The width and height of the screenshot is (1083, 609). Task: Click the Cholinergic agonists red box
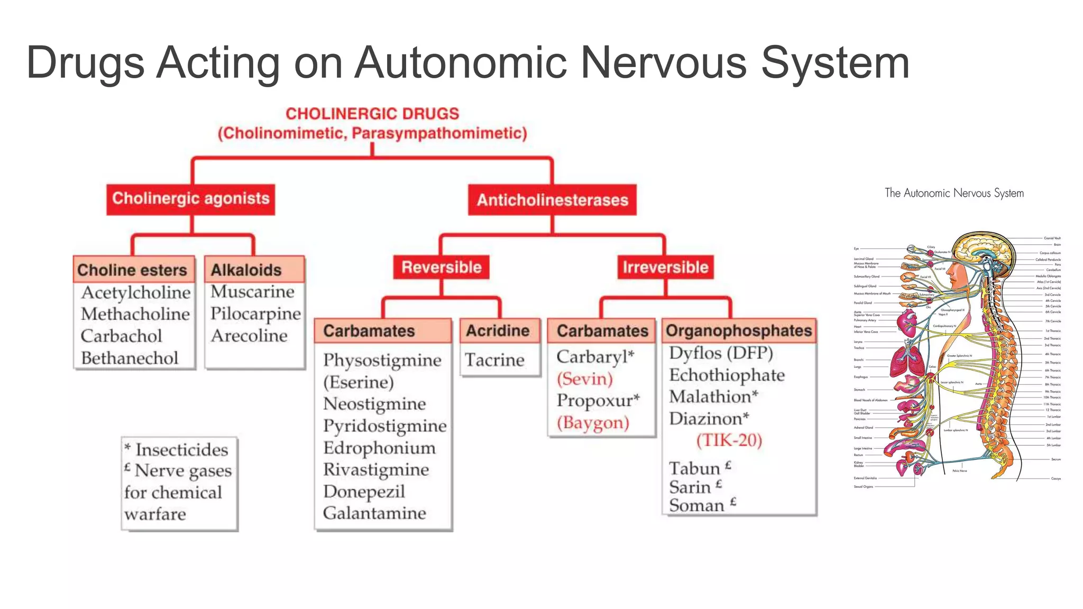point(190,199)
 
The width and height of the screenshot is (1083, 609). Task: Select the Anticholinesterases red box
point(552,200)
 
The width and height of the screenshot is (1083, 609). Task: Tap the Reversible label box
point(441,267)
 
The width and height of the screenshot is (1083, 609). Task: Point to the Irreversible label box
point(665,267)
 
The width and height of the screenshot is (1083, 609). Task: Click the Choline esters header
point(132,270)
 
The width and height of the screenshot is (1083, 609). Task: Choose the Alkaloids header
point(246,270)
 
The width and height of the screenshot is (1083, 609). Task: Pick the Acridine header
point(498,331)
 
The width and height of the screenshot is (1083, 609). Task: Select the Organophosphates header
point(738,331)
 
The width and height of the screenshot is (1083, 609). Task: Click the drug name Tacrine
point(494,360)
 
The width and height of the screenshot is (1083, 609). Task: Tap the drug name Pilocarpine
point(255,314)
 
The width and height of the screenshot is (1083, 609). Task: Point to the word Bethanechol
point(130,358)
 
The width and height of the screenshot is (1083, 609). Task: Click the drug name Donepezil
point(364,492)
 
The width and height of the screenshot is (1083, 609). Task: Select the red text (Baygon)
point(593,423)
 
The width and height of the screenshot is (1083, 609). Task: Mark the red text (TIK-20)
point(729,440)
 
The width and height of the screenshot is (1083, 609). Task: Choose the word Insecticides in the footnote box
point(181,450)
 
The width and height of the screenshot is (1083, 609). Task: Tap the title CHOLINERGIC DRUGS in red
point(372,114)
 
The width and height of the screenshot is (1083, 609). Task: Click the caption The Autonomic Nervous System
point(954,193)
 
